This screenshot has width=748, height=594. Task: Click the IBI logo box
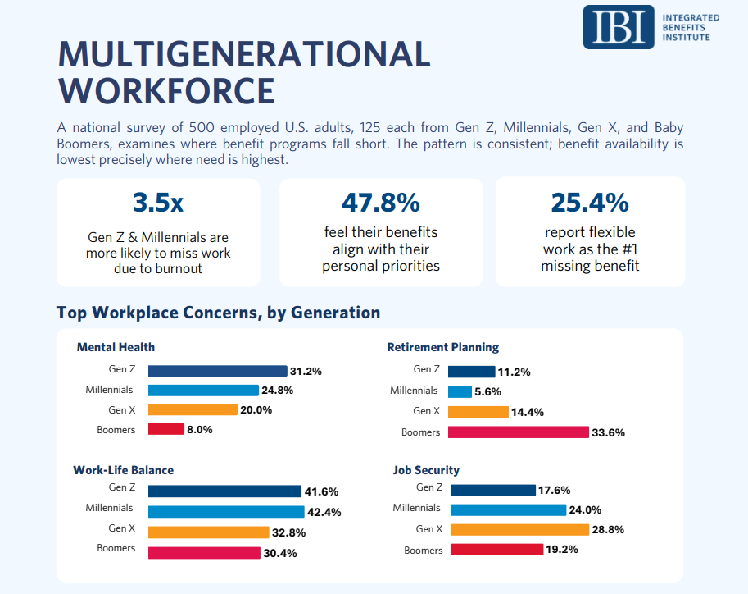click(x=619, y=27)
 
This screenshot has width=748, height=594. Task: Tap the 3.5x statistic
click(x=158, y=203)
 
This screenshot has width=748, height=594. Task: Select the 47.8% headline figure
click(x=381, y=203)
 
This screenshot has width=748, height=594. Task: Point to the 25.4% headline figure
click(x=590, y=203)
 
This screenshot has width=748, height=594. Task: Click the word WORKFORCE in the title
click(x=166, y=91)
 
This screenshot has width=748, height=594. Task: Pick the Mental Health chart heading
click(x=116, y=347)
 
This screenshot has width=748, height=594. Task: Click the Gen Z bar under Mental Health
click(x=218, y=371)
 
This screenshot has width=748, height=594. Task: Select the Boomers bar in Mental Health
click(x=166, y=429)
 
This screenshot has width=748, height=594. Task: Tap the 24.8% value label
click(x=277, y=391)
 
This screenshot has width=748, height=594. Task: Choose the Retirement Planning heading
click(x=442, y=347)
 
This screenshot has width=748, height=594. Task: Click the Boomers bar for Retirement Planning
click(x=519, y=432)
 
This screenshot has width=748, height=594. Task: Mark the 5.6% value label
click(x=487, y=392)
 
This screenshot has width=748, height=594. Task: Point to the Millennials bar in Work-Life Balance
click(x=226, y=512)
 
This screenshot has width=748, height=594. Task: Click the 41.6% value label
click(x=321, y=491)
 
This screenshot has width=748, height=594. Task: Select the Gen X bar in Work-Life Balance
click(x=208, y=532)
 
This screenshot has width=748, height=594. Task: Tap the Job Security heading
click(x=426, y=470)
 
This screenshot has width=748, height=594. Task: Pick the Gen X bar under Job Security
click(x=520, y=529)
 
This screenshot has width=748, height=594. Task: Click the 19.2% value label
click(x=562, y=550)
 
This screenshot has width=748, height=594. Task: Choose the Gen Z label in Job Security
click(x=428, y=487)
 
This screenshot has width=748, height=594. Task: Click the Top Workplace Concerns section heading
click(x=219, y=313)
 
